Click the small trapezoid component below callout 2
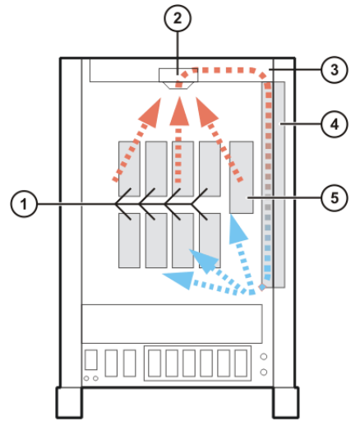[177, 78]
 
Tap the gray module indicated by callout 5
[242, 177]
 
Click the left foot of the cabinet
[72, 404]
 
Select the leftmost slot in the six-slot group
[154, 362]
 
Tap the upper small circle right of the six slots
[263, 357]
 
